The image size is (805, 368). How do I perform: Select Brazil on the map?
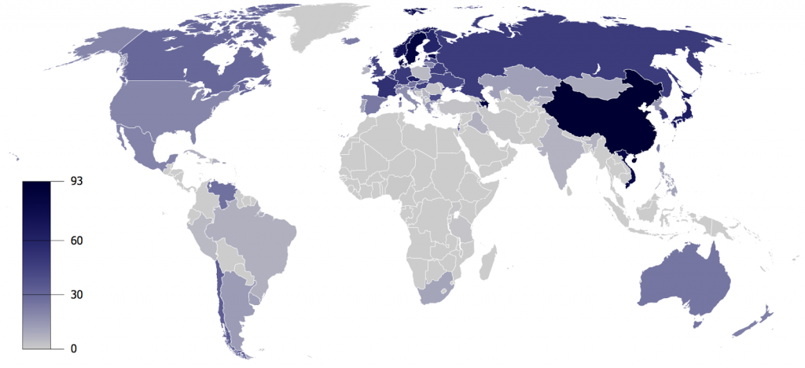[259, 236]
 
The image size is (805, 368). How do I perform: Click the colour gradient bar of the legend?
[37, 264]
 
